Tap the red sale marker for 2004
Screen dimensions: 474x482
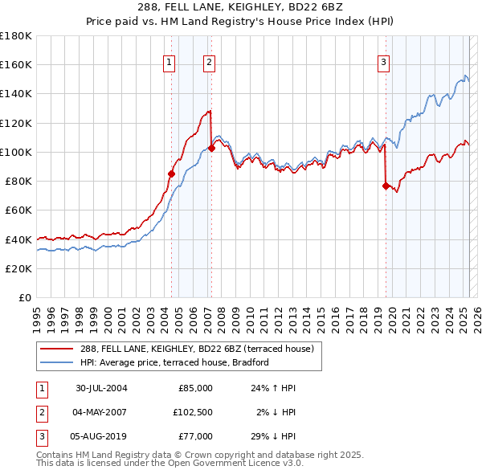click(171, 173)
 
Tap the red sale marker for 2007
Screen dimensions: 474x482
click(211, 148)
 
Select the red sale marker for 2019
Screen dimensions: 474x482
click(386, 185)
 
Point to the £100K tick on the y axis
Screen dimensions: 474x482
click(16, 152)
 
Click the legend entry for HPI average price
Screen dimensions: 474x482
click(174, 362)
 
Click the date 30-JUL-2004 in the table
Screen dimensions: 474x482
click(101, 388)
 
